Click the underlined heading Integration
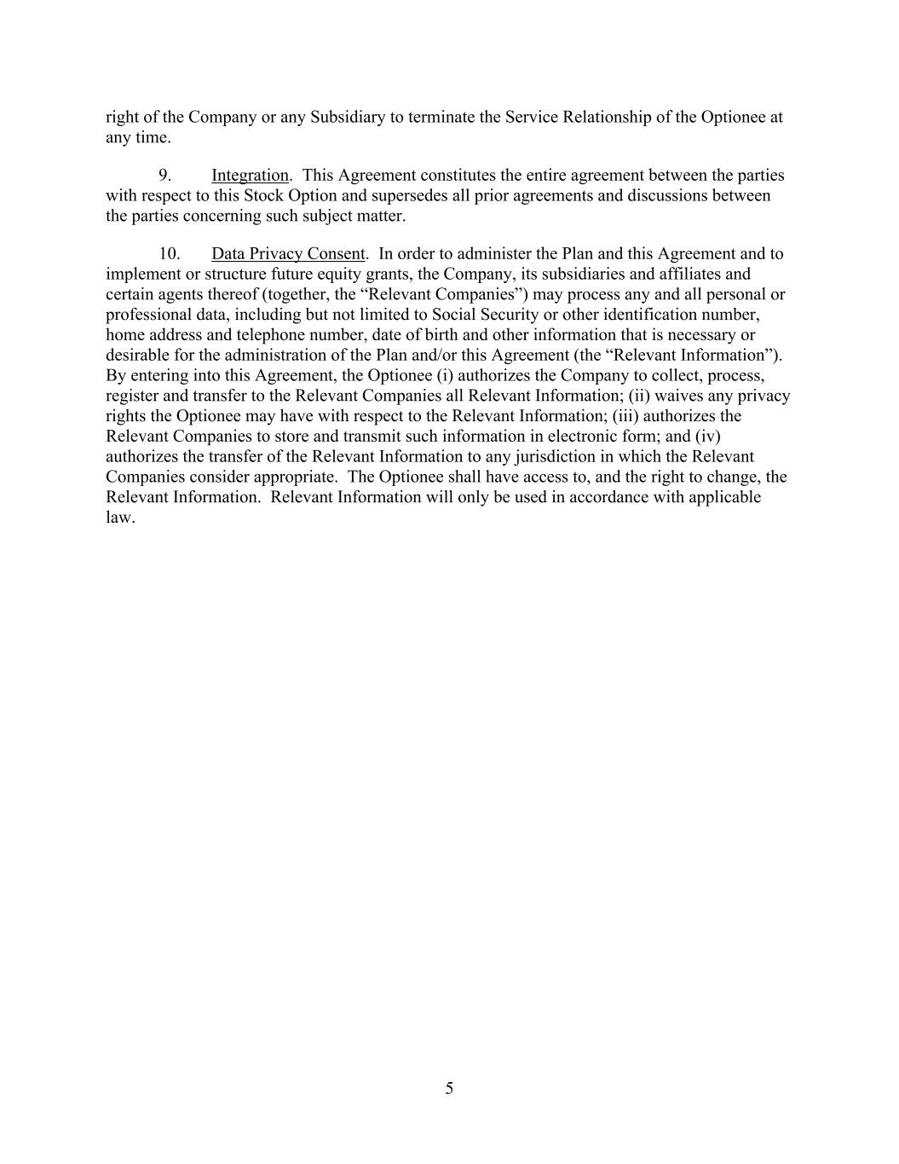tap(250, 176)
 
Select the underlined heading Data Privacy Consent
tap(288, 254)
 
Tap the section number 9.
tap(165, 176)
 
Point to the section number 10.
tap(169, 254)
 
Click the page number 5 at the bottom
tap(449, 1088)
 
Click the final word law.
tap(118, 518)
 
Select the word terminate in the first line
tap(441, 118)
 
